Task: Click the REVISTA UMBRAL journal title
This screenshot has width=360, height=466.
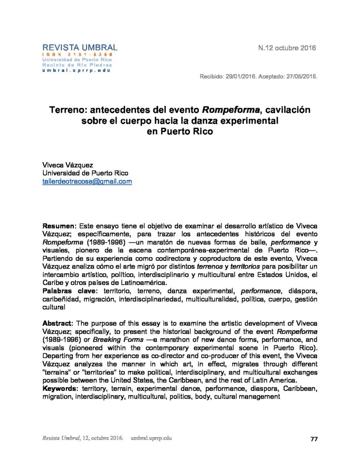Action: pos(80,47)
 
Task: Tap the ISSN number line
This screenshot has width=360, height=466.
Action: pos(78,55)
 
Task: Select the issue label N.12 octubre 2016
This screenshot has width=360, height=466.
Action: pos(287,48)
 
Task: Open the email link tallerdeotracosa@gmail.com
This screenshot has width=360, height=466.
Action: pos(87,181)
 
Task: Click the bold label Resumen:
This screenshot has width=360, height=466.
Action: pos(60,226)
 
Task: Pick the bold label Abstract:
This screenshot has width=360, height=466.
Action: pos(58,321)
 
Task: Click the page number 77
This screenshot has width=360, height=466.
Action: pos(314,439)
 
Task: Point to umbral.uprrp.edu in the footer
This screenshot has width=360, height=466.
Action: pos(151,438)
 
